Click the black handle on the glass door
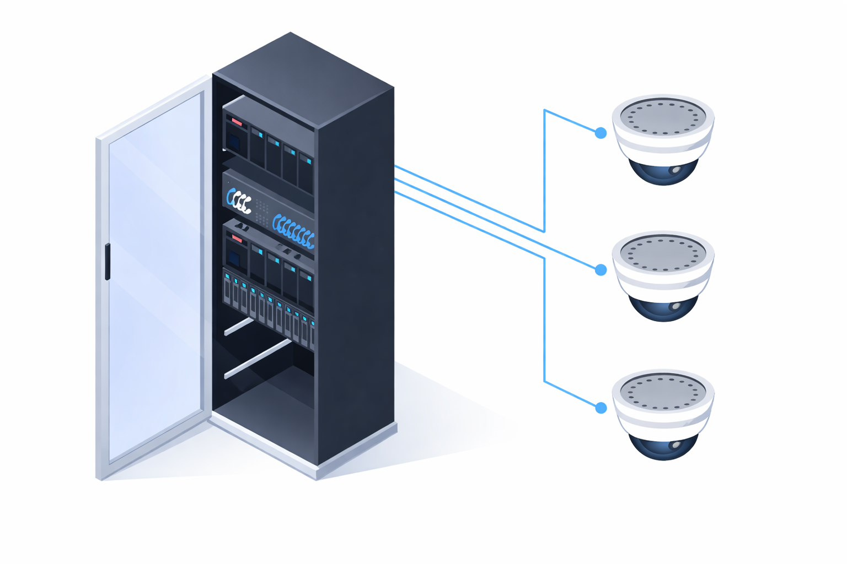click(108, 262)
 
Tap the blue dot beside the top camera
click(601, 133)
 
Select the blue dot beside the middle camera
click(601, 270)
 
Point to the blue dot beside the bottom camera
click(601, 408)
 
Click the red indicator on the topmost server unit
click(237, 121)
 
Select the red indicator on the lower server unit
click(237, 238)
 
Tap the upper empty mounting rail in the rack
click(239, 327)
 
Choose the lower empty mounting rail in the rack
click(258, 360)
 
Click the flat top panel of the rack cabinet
click(303, 77)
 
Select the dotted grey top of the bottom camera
click(663, 391)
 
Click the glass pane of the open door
click(154, 275)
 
